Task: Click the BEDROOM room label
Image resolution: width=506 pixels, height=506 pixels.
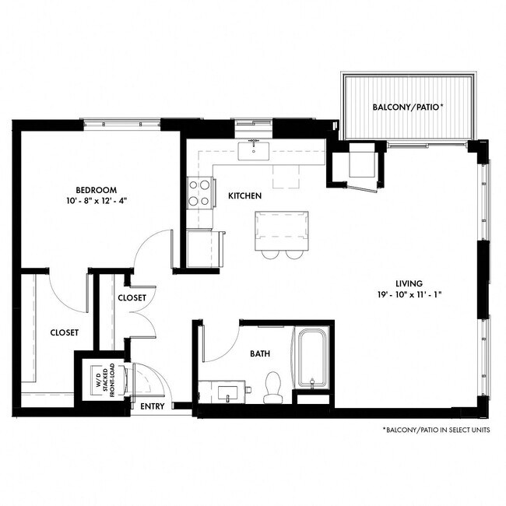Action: [x=96, y=189]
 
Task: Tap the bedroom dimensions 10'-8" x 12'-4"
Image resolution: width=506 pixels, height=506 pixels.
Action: [x=96, y=201]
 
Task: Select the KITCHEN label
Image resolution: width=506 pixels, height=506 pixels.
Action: [x=244, y=196]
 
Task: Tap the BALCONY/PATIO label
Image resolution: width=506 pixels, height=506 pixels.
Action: [x=408, y=107]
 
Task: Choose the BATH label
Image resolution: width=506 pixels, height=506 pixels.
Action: [x=260, y=353]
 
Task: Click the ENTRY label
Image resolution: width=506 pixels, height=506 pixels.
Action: [x=152, y=406]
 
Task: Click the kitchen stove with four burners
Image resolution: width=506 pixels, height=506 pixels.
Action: [x=200, y=192]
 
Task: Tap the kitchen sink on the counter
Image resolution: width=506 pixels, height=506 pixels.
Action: [x=255, y=148]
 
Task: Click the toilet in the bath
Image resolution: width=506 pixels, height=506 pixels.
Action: [x=273, y=388]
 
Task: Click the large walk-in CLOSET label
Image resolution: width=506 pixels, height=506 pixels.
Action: [x=64, y=332]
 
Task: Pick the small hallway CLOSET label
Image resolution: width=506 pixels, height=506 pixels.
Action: [x=132, y=298]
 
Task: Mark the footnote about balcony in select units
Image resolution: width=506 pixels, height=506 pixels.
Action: [x=435, y=430]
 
